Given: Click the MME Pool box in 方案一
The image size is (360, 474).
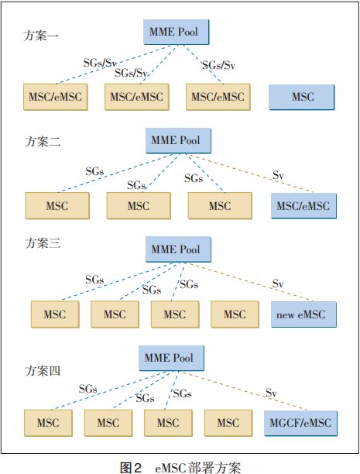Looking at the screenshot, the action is [x=177, y=32].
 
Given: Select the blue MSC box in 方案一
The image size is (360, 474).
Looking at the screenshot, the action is [x=302, y=97].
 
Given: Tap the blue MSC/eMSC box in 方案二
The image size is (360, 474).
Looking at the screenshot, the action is [x=303, y=206].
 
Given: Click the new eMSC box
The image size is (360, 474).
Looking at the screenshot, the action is [x=303, y=314].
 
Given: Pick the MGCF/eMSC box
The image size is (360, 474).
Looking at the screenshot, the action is [x=300, y=423].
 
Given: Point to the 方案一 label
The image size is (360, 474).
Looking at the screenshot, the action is [x=41, y=36].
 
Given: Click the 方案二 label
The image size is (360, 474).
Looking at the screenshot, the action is [x=43, y=141].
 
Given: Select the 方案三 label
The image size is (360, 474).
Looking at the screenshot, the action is [x=43, y=243].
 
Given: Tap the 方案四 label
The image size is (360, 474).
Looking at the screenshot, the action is [x=43, y=371].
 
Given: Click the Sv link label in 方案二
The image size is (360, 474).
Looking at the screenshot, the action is [x=278, y=175].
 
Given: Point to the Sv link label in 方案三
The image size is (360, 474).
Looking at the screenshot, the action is [x=278, y=283].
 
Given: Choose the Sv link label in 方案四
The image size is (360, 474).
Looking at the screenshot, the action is [x=271, y=393].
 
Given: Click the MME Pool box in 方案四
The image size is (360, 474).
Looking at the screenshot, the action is [x=171, y=359].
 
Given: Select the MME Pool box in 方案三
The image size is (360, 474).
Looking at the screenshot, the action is [x=178, y=249].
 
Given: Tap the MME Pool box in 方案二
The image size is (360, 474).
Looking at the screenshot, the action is [x=178, y=140].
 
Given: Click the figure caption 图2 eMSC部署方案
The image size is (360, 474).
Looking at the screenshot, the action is [x=180, y=467].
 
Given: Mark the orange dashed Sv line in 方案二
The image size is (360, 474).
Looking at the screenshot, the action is [x=252, y=173].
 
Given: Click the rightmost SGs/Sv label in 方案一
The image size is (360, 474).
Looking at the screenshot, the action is [x=218, y=65].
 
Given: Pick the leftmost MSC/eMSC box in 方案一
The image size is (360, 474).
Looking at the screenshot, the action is [x=56, y=97].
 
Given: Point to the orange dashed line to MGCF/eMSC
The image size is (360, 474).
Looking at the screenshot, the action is [x=245, y=391].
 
